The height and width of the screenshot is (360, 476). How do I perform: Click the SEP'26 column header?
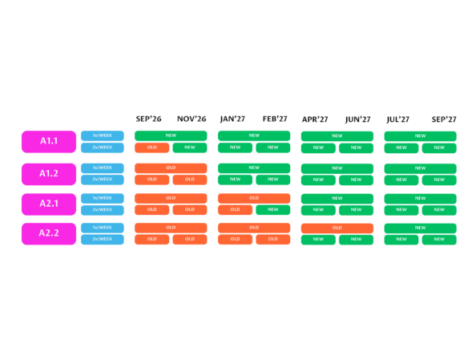click(148, 119)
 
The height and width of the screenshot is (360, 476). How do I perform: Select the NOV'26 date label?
click(192, 119)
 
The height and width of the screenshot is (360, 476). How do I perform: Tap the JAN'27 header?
click(232, 119)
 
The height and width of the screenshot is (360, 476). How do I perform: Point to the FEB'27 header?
click(275, 119)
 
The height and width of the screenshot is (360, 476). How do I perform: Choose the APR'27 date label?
click(315, 119)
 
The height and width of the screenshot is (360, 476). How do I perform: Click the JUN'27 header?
click(357, 119)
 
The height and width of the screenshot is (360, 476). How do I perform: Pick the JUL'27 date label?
click(397, 119)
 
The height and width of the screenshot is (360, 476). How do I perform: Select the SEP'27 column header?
click(444, 119)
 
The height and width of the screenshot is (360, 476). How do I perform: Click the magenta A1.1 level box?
click(49, 142)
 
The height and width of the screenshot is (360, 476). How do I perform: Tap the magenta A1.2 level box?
click(49, 174)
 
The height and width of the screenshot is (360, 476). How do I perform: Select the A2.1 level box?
click(49, 204)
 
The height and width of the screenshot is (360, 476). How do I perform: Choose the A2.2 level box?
click(49, 233)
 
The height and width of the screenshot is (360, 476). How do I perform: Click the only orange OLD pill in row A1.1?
click(151, 148)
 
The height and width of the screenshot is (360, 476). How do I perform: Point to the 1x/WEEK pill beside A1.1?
click(103, 136)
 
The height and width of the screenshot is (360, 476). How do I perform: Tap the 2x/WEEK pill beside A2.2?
click(103, 240)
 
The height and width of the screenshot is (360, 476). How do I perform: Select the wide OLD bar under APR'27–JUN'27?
click(337, 229)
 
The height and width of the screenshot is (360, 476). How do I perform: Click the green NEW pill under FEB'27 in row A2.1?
click(273, 209)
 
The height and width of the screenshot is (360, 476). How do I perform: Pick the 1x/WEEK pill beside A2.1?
click(103, 198)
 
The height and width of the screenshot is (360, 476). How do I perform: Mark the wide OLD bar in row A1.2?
click(171, 168)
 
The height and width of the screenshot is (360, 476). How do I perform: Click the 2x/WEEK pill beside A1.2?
click(103, 180)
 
